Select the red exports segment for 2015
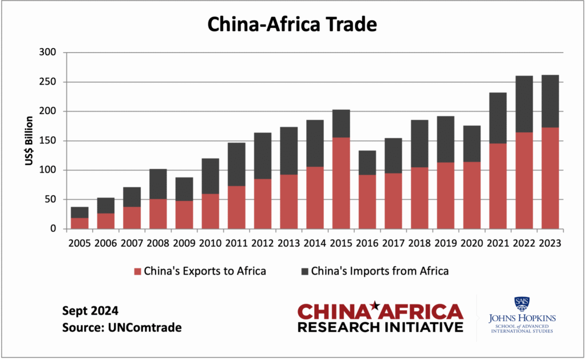pyautogui.click(x=340, y=183)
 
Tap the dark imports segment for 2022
pyautogui.click(x=524, y=104)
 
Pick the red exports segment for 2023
pyautogui.click(x=550, y=178)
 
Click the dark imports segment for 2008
pyautogui.click(x=158, y=184)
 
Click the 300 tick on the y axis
pyautogui.click(x=49, y=53)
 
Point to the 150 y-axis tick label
pyautogui.click(x=49, y=141)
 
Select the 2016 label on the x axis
pyautogui.click(x=367, y=243)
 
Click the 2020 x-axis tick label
pyautogui.click(x=472, y=243)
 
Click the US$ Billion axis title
pyautogui.click(x=29, y=141)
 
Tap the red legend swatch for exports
pyautogui.click(x=137, y=271)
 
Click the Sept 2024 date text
pyautogui.click(x=90, y=311)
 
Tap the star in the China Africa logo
pyautogui.click(x=375, y=304)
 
